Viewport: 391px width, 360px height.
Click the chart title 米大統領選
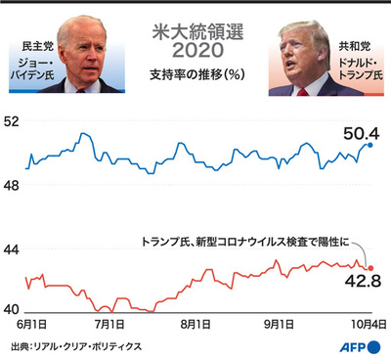[x=195, y=29]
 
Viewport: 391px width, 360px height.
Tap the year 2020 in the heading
[x=195, y=50]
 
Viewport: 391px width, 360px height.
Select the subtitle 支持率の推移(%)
[x=195, y=74]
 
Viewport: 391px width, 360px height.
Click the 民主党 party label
[x=34, y=46]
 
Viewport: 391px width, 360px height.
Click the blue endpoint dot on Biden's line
[x=370, y=144]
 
